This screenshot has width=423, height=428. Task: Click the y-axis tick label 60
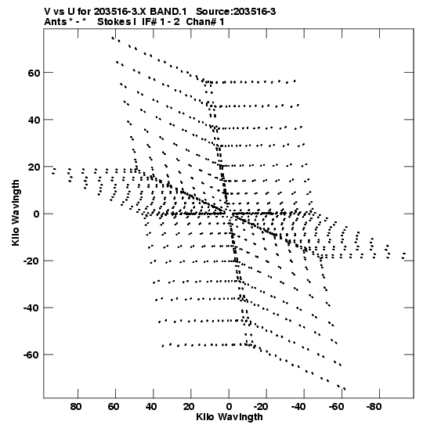[34, 73]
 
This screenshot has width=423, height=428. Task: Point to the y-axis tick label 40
[34, 120]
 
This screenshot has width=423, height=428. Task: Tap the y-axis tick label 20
[34, 167]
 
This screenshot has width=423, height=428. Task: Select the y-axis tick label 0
[37, 214]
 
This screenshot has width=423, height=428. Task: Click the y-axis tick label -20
[31, 261]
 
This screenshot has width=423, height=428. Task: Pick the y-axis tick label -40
[31, 308]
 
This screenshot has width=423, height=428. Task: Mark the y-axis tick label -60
[31, 355]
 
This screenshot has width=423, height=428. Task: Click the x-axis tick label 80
[76, 407]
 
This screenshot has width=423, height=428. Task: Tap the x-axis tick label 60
[114, 407]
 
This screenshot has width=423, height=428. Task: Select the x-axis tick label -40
[298, 407]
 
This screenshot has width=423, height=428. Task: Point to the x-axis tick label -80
[374, 407]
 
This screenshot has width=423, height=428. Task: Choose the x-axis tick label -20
[260, 407]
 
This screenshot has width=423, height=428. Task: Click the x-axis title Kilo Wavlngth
[230, 417]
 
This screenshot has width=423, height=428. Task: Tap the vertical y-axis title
[16, 213]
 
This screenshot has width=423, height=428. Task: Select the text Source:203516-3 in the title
[236, 12]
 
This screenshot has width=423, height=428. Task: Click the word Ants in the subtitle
[56, 22]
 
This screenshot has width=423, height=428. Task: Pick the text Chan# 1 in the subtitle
[205, 22]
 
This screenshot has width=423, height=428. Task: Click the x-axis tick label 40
[151, 407]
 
